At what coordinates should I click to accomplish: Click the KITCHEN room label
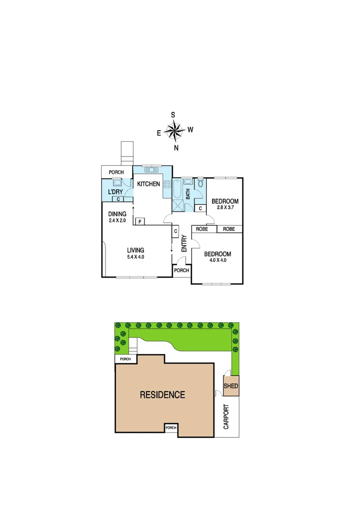tap(149, 184)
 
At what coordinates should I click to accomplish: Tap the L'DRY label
tap(115, 192)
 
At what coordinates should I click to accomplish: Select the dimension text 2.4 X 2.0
tap(117, 220)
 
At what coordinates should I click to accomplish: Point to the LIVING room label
tap(135, 250)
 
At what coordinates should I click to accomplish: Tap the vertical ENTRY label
tap(184, 243)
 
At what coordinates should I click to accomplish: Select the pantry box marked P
tap(140, 221)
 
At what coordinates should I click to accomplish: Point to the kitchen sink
tap(151, 170)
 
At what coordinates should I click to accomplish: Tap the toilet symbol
tap(200, 183)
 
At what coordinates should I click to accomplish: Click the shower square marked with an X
tap(178, 205)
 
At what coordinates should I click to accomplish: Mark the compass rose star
tap(175, 131)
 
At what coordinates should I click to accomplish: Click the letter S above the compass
tap(173, 115)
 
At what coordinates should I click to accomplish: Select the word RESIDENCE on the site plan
tap(163, 395)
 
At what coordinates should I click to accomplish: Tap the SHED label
tap(231, 386)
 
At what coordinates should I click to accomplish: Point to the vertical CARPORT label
tap(226, 416)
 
